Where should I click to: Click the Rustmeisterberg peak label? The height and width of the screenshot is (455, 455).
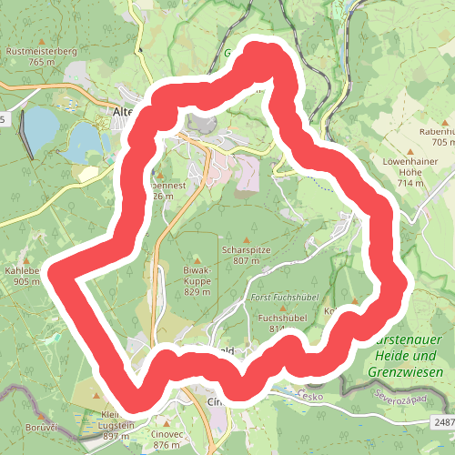point(42,51)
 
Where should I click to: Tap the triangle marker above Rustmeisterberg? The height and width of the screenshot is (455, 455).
point(41,39)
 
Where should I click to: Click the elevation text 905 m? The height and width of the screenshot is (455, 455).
point(27,282)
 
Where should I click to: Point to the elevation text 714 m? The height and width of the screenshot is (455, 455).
point(411,183)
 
